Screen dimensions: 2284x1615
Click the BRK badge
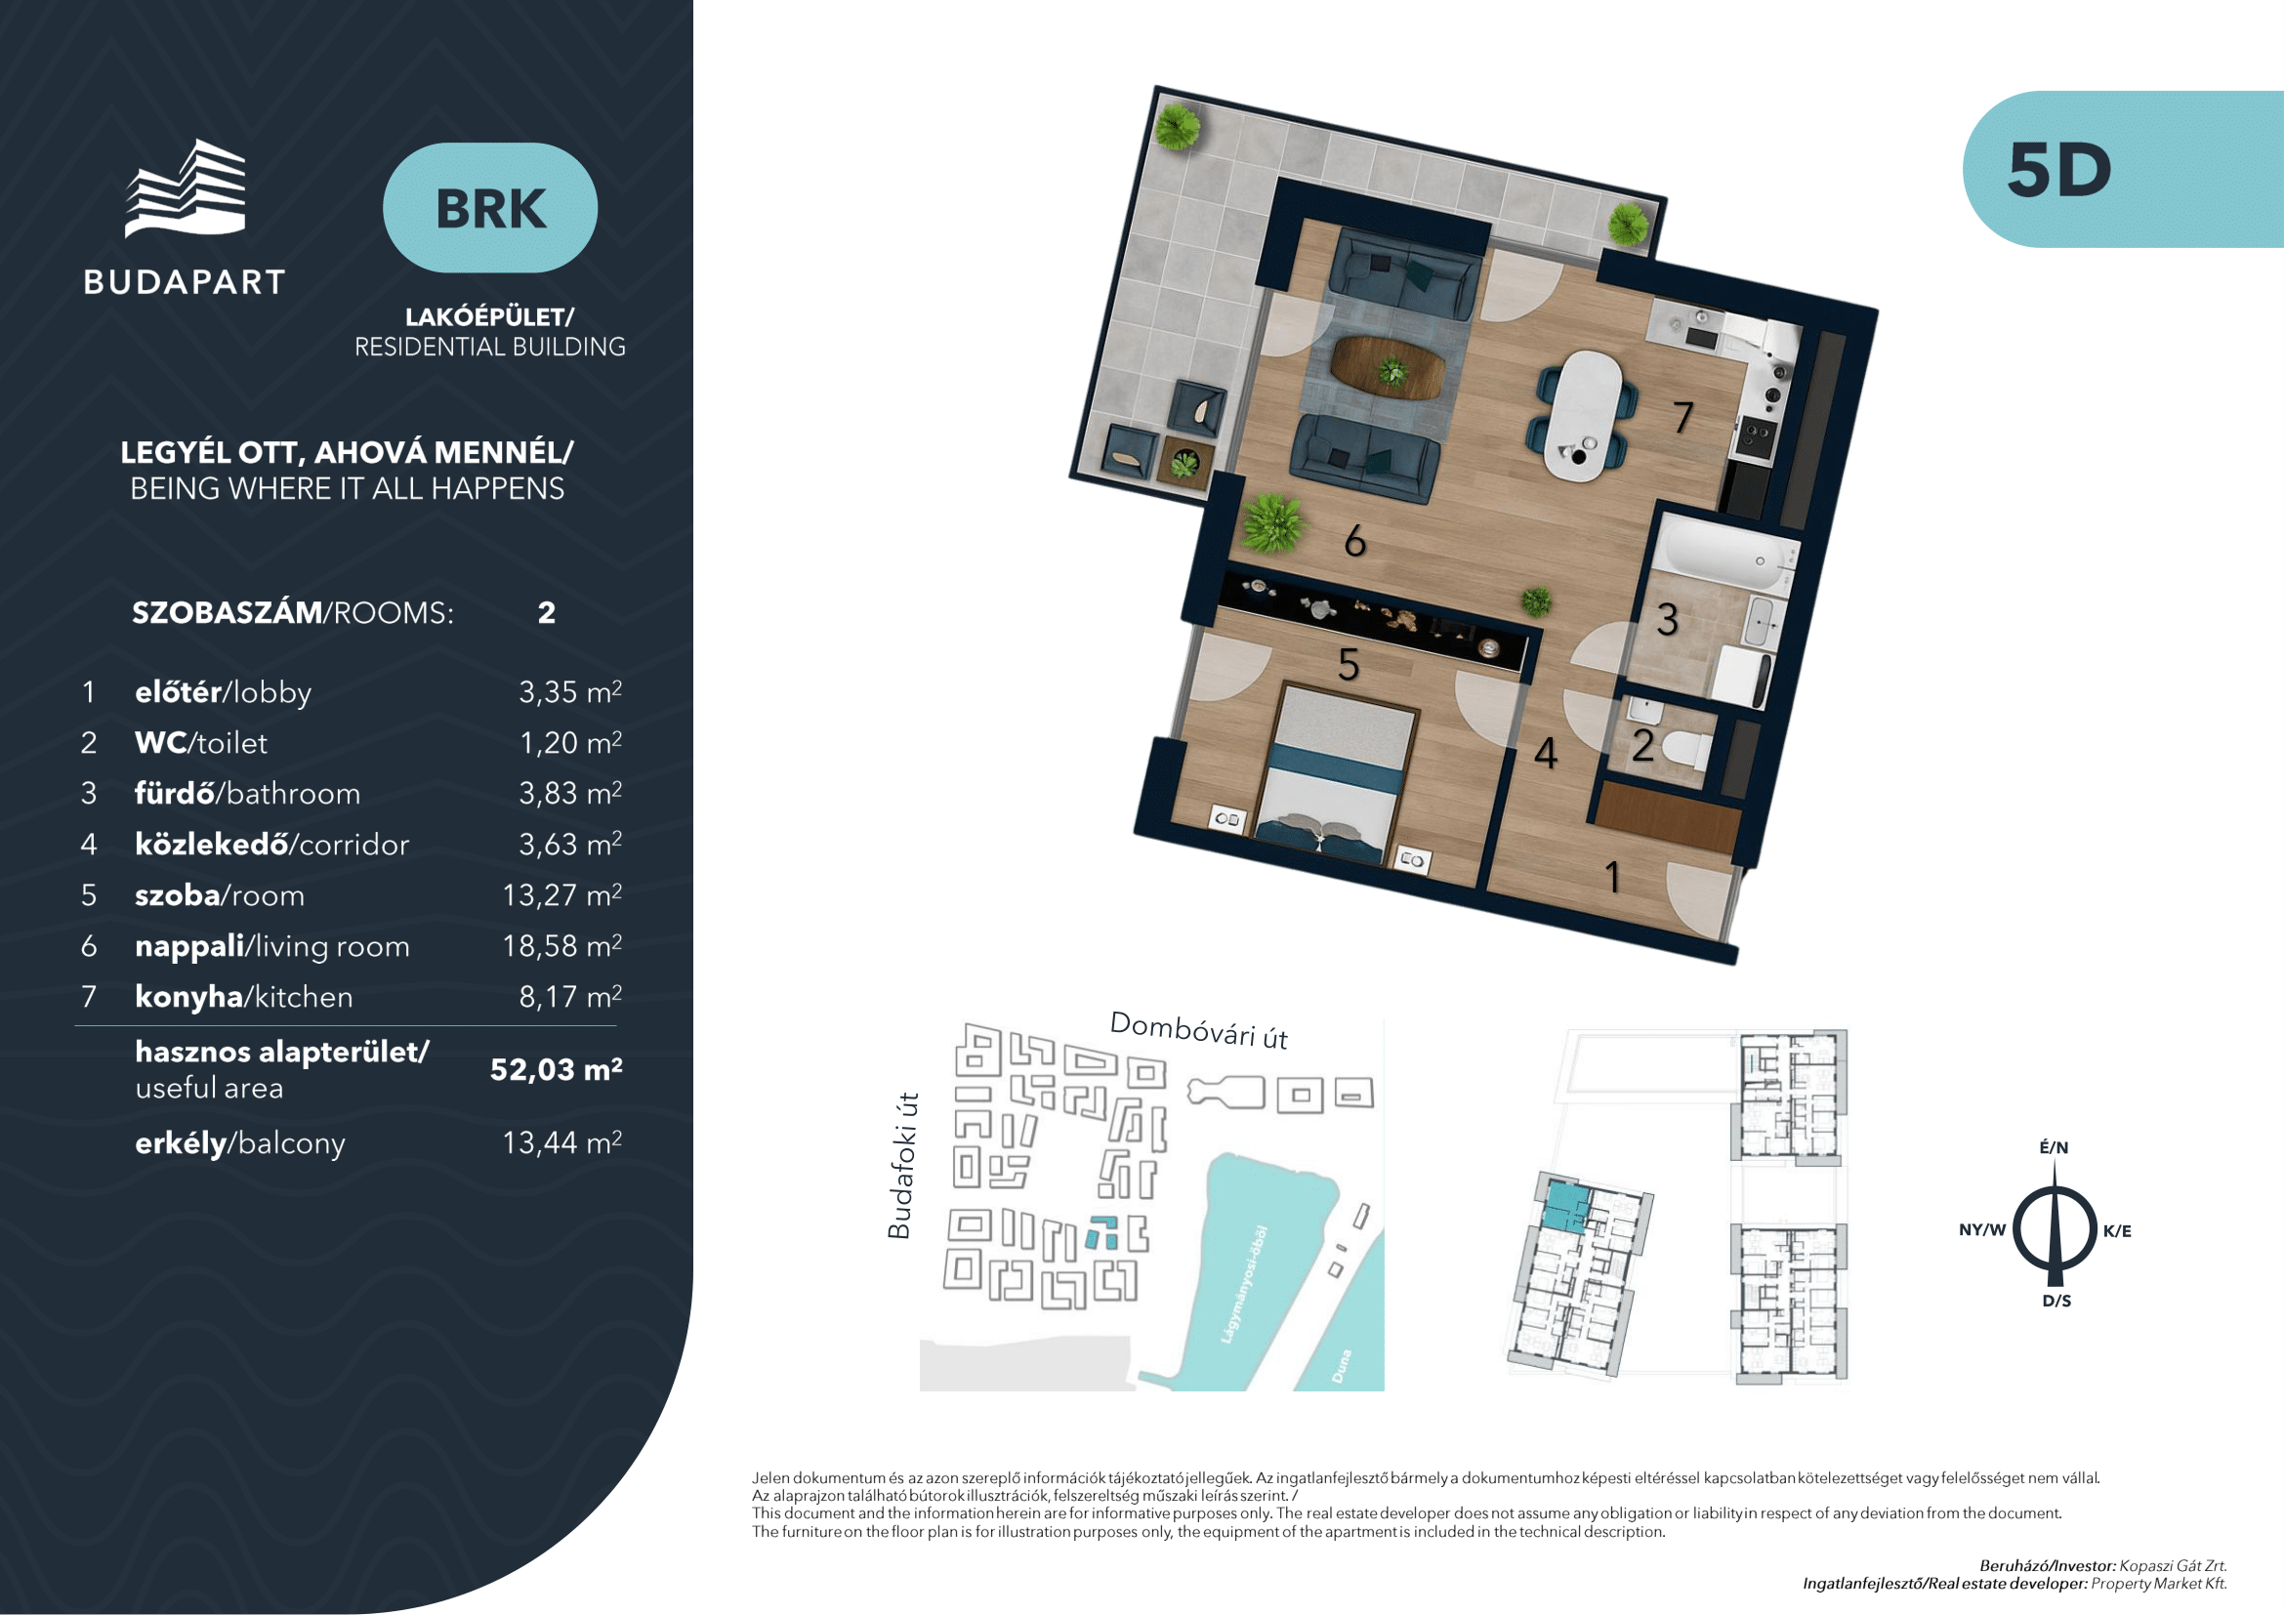[490, 208]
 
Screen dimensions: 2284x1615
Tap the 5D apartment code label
[2059, 170]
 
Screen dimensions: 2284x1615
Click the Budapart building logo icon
[185, 187]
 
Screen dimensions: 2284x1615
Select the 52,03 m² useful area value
[556, 1069]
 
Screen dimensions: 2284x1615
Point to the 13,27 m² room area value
[562, 895]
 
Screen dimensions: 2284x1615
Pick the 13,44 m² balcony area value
[562, 1142]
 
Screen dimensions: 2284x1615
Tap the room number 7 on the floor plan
[1682, 418]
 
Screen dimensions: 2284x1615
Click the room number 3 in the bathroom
[1668, 620]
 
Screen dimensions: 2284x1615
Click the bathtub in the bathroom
[1728, 555]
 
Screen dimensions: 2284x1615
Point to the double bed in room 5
[1336, 770]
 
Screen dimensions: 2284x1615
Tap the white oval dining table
[1584, 416]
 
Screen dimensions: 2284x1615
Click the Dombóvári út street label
[1199, 1030]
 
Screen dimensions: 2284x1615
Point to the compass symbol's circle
[2055, 1230]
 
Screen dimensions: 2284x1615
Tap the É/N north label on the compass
[2055, 1146]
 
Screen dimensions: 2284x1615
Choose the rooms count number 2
[546, 612]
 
